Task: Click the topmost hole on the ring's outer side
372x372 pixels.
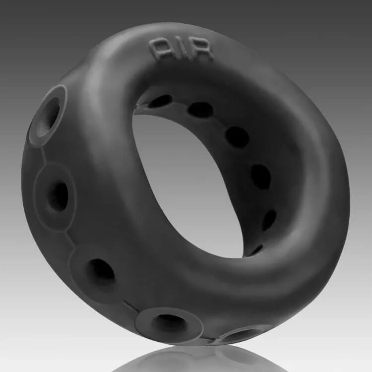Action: pyautogui.click(x=49, y=117)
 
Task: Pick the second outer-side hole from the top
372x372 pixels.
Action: pyautogui.click(x=58, y=197)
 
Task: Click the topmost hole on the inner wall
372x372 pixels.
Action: pyautogui.click(x=160, y=101)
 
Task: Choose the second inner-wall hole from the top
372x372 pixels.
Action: pyautogui.click(x=200, y=110)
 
